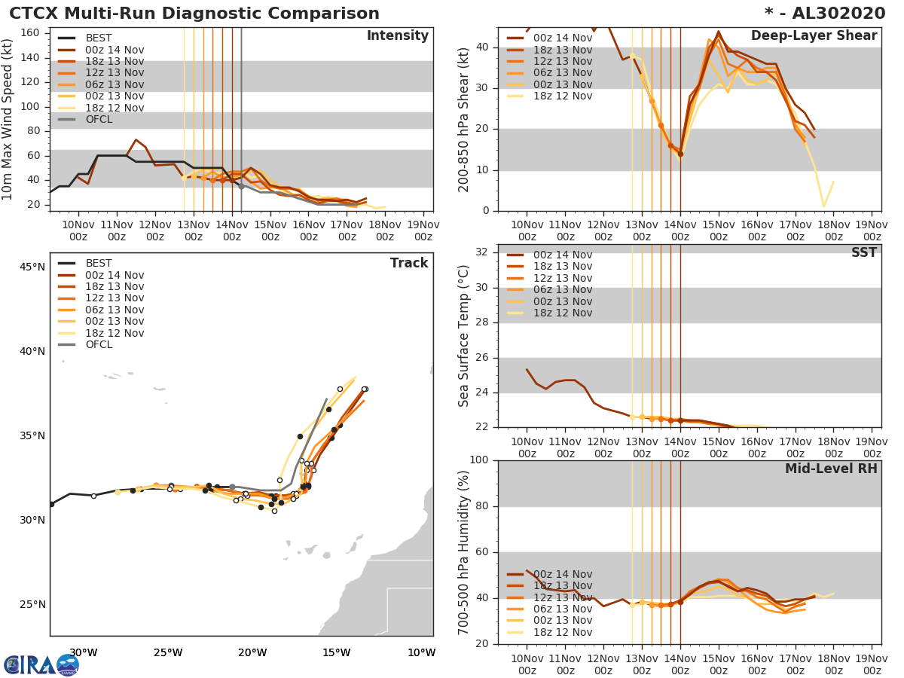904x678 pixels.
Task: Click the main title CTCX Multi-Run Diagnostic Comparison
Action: [x=194, y=14]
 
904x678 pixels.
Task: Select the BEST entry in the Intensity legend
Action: [x=99, y=38]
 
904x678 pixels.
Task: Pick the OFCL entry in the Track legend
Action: [x=99, y=345]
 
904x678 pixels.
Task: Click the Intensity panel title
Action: [x=397, y=36]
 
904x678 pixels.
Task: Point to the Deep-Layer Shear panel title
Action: [x=814, y=36]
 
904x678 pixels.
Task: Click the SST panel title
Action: [x=863, y=253]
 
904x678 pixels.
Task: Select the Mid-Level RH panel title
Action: [x=831, y=469]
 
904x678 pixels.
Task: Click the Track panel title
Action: [x=409, y=263]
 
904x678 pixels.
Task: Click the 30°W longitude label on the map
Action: [x=83, y=652]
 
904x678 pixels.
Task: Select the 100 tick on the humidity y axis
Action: [x=479, y=460]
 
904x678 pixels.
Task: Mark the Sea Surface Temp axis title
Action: [x=464, y=336]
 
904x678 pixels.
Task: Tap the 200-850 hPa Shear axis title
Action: [x=464, y=119]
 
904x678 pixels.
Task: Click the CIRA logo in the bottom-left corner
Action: [x=41, y=664]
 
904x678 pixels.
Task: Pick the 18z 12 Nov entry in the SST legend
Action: [x=561, y=313]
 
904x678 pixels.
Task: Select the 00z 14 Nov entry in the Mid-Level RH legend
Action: [x=561, y=574]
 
